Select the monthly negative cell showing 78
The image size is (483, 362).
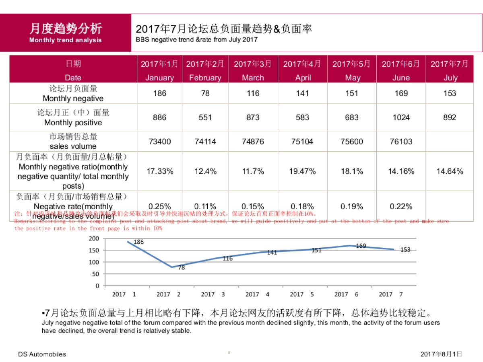[205, 93]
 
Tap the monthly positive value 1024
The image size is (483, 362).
[401, 117]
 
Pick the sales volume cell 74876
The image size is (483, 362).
[253, 142]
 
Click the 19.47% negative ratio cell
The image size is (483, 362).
[302, 171]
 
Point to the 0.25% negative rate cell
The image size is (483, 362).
[160, 206]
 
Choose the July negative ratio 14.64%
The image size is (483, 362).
[450, 171]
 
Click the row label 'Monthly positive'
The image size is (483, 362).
[73, 122]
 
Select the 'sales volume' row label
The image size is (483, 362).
[73, 146]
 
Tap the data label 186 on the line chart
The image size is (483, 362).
[138, 242]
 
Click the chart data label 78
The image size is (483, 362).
[182, 267]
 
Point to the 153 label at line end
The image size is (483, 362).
[405, 250]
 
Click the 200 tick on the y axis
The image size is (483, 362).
[94, 239]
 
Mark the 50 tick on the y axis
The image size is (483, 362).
[96, 274]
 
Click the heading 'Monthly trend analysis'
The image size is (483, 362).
[65, 40]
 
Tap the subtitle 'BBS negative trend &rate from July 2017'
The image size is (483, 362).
[196, 40]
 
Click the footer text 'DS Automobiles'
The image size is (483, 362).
[42, 354]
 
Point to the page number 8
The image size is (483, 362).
[229, 353]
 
